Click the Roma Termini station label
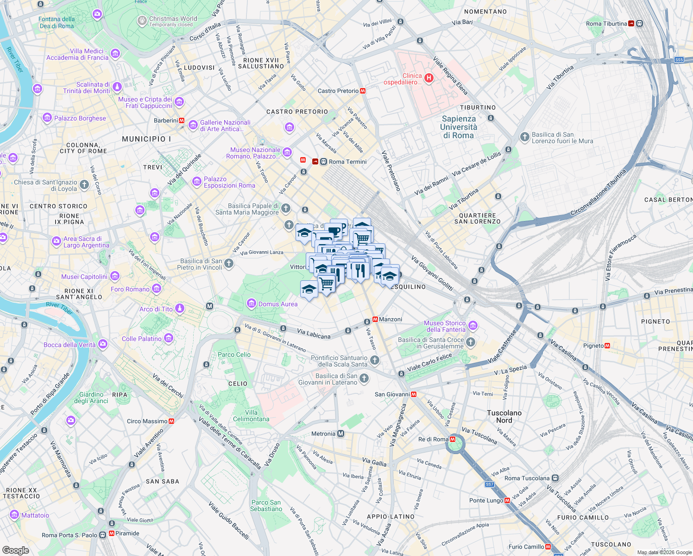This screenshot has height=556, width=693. click(347, 162)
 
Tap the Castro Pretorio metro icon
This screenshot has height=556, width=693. click(363, 91)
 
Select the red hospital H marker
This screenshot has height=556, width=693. click(429, 78)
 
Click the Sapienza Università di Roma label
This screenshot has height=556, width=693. click(458, 127)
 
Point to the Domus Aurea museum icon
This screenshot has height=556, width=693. click(252, 304)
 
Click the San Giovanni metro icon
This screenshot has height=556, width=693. click(414, 394)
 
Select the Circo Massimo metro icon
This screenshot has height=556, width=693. click(171, 421)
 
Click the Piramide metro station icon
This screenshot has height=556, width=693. click(111, 534)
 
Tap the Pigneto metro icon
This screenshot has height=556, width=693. click(607, 346)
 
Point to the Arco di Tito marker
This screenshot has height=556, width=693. click(180, 309)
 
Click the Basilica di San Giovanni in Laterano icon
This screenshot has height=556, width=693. click(364, 379)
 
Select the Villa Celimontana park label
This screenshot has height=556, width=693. click(251, 416)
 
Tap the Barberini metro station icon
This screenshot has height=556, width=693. click(182, 120)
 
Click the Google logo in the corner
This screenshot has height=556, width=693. click(16, 550)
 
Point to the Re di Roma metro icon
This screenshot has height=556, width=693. click(453, 439)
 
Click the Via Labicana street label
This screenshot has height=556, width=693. click(314, 334)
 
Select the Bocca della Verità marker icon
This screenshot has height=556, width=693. click(103, 344)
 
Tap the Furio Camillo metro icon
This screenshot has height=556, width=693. click(548, 547)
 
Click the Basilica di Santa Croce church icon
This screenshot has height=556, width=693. click(471, 342)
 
